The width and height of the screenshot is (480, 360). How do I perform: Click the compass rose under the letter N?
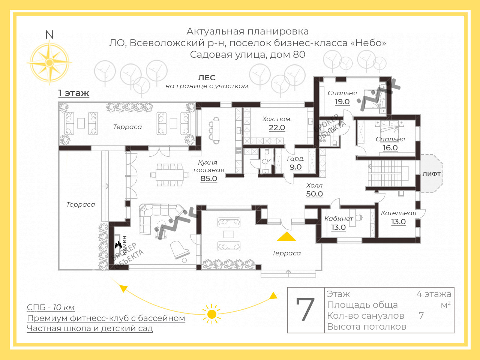point(49,62)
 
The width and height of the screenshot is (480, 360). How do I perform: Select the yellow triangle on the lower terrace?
point(286,237)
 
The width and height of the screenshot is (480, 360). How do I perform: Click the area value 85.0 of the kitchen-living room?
point(208,178)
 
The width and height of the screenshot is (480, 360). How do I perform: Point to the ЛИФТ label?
point(432,174)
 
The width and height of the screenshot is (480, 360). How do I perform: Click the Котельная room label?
point(398,213)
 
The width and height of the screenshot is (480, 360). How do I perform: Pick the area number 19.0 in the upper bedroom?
point(342,102)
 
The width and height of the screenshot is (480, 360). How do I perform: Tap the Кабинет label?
point(339,219)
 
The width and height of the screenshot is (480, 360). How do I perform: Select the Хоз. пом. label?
point(277,119)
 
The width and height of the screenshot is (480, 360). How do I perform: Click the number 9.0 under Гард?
point(295,167)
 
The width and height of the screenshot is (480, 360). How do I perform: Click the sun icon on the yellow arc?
point(212,314)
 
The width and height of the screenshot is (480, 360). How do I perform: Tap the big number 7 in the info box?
point(305,310)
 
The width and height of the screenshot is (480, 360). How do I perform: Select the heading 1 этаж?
point(73,93)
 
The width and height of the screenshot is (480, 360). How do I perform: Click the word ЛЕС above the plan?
point(207,78)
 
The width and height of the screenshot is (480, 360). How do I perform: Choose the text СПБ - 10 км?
point(51,307)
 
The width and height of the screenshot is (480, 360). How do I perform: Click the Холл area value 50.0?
point(314,194)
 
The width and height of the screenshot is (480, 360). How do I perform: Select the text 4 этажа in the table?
point(433,294)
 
